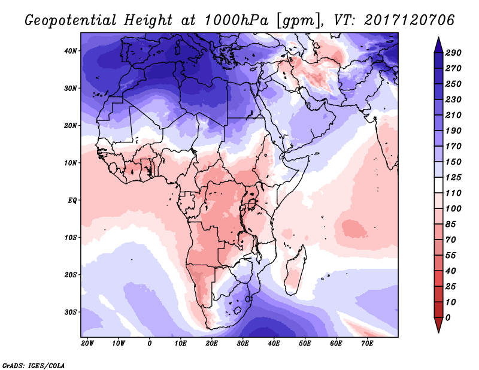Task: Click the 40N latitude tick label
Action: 71,51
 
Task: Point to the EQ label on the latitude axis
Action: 72,200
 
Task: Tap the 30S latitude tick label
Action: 71,312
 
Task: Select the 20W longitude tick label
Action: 87,344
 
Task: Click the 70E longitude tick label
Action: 367,344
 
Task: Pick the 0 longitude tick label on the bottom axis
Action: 150,344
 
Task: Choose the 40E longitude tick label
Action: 274,344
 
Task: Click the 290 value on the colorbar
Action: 453,53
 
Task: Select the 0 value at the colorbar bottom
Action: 448,317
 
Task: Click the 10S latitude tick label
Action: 71,237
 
